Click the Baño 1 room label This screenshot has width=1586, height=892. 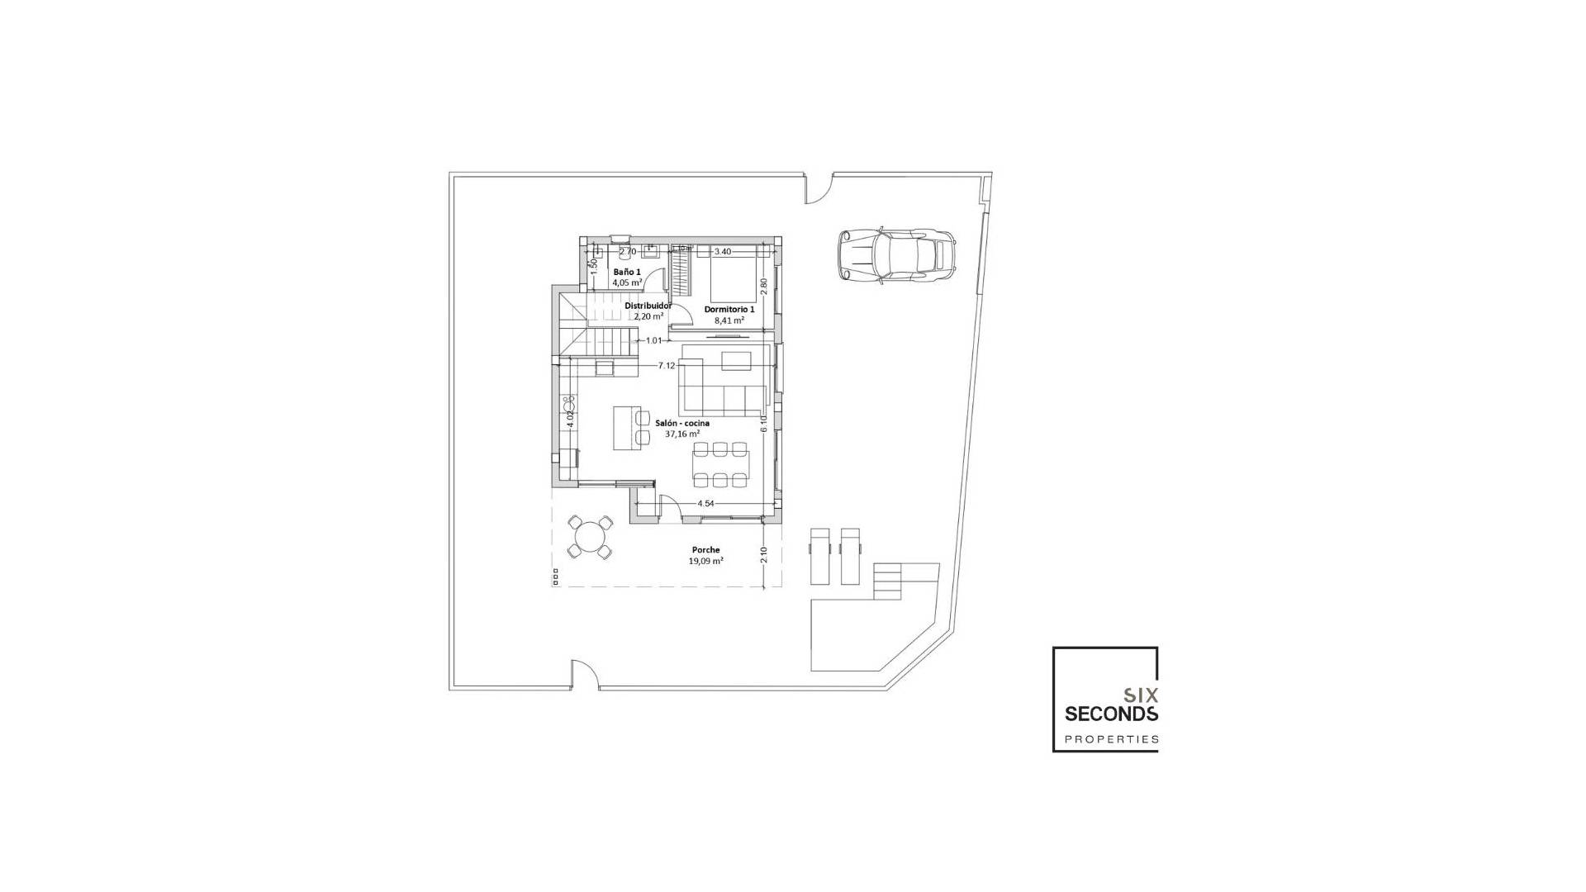click(x=627, y=272)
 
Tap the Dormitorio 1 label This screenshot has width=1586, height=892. click(x=729, y=309)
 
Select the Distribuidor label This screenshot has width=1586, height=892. click(x=648, y=306)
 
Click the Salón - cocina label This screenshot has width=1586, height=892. click(x=682, y=423)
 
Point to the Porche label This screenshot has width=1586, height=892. click(x=706, y=549)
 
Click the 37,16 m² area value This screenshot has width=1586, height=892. click(x=682, y=434)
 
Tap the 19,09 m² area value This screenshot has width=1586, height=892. click(x=706, y=560)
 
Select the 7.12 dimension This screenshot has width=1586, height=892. click(x=667, y=365)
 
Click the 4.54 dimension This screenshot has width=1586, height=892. click(x=705, y=503)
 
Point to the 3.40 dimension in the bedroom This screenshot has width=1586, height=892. click(x=723, y=251)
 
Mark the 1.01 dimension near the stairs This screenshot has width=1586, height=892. click(x=653, y=340)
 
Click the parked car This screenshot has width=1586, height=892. click(x=896, y=255)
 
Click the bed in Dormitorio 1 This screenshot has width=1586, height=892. click(x=734, y=279)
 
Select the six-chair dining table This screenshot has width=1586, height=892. click(x=721, y=464)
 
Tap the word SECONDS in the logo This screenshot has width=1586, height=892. click(x=1111, y=714)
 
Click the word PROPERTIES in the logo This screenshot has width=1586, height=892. click(x=1111, y=739)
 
